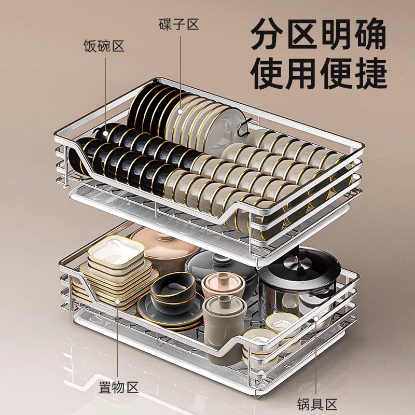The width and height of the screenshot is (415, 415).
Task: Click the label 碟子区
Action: click(x=179, y=25)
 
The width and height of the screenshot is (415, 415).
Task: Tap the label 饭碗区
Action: click(x=104, y=46)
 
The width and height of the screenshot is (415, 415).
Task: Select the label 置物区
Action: click(x=119, y=387)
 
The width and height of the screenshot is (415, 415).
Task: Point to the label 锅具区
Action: click(x=316, y=405)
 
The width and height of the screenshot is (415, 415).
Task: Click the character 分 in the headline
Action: click(x=268, y=34)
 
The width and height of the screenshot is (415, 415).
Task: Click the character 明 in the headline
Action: click(x=336, y=34)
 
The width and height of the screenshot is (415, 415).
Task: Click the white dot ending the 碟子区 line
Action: click(x=181, y=112)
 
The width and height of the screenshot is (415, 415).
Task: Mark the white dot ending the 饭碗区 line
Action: click(x=105, y=133)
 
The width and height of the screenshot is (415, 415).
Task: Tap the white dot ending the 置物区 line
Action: click(x=117, y=301)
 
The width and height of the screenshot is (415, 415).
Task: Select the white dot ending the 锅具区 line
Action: click(x=316, y=319)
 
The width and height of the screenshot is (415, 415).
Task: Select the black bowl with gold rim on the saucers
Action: click(x=173, y=289)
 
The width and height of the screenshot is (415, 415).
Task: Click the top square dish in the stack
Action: click(x=116, y=250)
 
